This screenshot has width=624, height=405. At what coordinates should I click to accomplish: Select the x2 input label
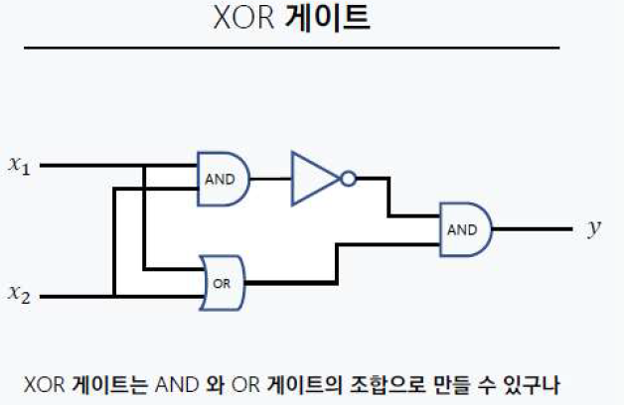click(19, 293)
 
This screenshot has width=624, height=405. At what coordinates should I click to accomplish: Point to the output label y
click(593, 229)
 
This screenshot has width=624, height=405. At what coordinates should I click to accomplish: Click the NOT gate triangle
click(313, 179)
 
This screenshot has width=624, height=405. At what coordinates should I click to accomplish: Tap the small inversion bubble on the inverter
click(347, 179)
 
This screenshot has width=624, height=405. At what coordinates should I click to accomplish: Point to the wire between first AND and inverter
click(269, 179)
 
